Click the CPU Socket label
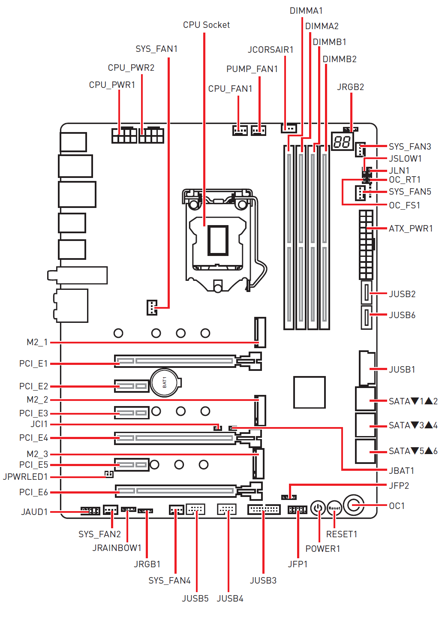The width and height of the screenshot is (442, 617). [206, 25]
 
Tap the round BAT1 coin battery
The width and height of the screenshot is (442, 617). [165, 382]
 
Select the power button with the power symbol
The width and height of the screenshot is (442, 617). [318, 509]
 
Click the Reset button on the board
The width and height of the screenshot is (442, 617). [334, 509]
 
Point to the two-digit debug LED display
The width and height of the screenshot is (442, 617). [342, 141]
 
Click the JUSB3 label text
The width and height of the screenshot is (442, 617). [263, 581]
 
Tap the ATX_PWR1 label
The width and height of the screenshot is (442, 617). [411, 229]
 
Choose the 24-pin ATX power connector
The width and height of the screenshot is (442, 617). [366, 244]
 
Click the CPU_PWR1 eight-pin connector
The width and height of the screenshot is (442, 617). [124, 135]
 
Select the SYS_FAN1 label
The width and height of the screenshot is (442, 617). [156, 49]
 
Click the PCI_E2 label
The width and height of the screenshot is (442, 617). [33, 386]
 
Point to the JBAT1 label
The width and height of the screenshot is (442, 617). [401, 471]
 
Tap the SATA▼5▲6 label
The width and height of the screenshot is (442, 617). [413, 451]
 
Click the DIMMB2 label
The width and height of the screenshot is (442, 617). [340, 59]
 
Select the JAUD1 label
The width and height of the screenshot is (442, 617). [35, 512]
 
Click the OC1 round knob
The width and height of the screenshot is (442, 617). [354, 505]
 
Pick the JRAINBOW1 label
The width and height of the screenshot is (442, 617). [117, 548]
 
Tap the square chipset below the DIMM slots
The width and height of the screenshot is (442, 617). [309, 392]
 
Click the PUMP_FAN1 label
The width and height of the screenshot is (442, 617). [252, 69]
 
